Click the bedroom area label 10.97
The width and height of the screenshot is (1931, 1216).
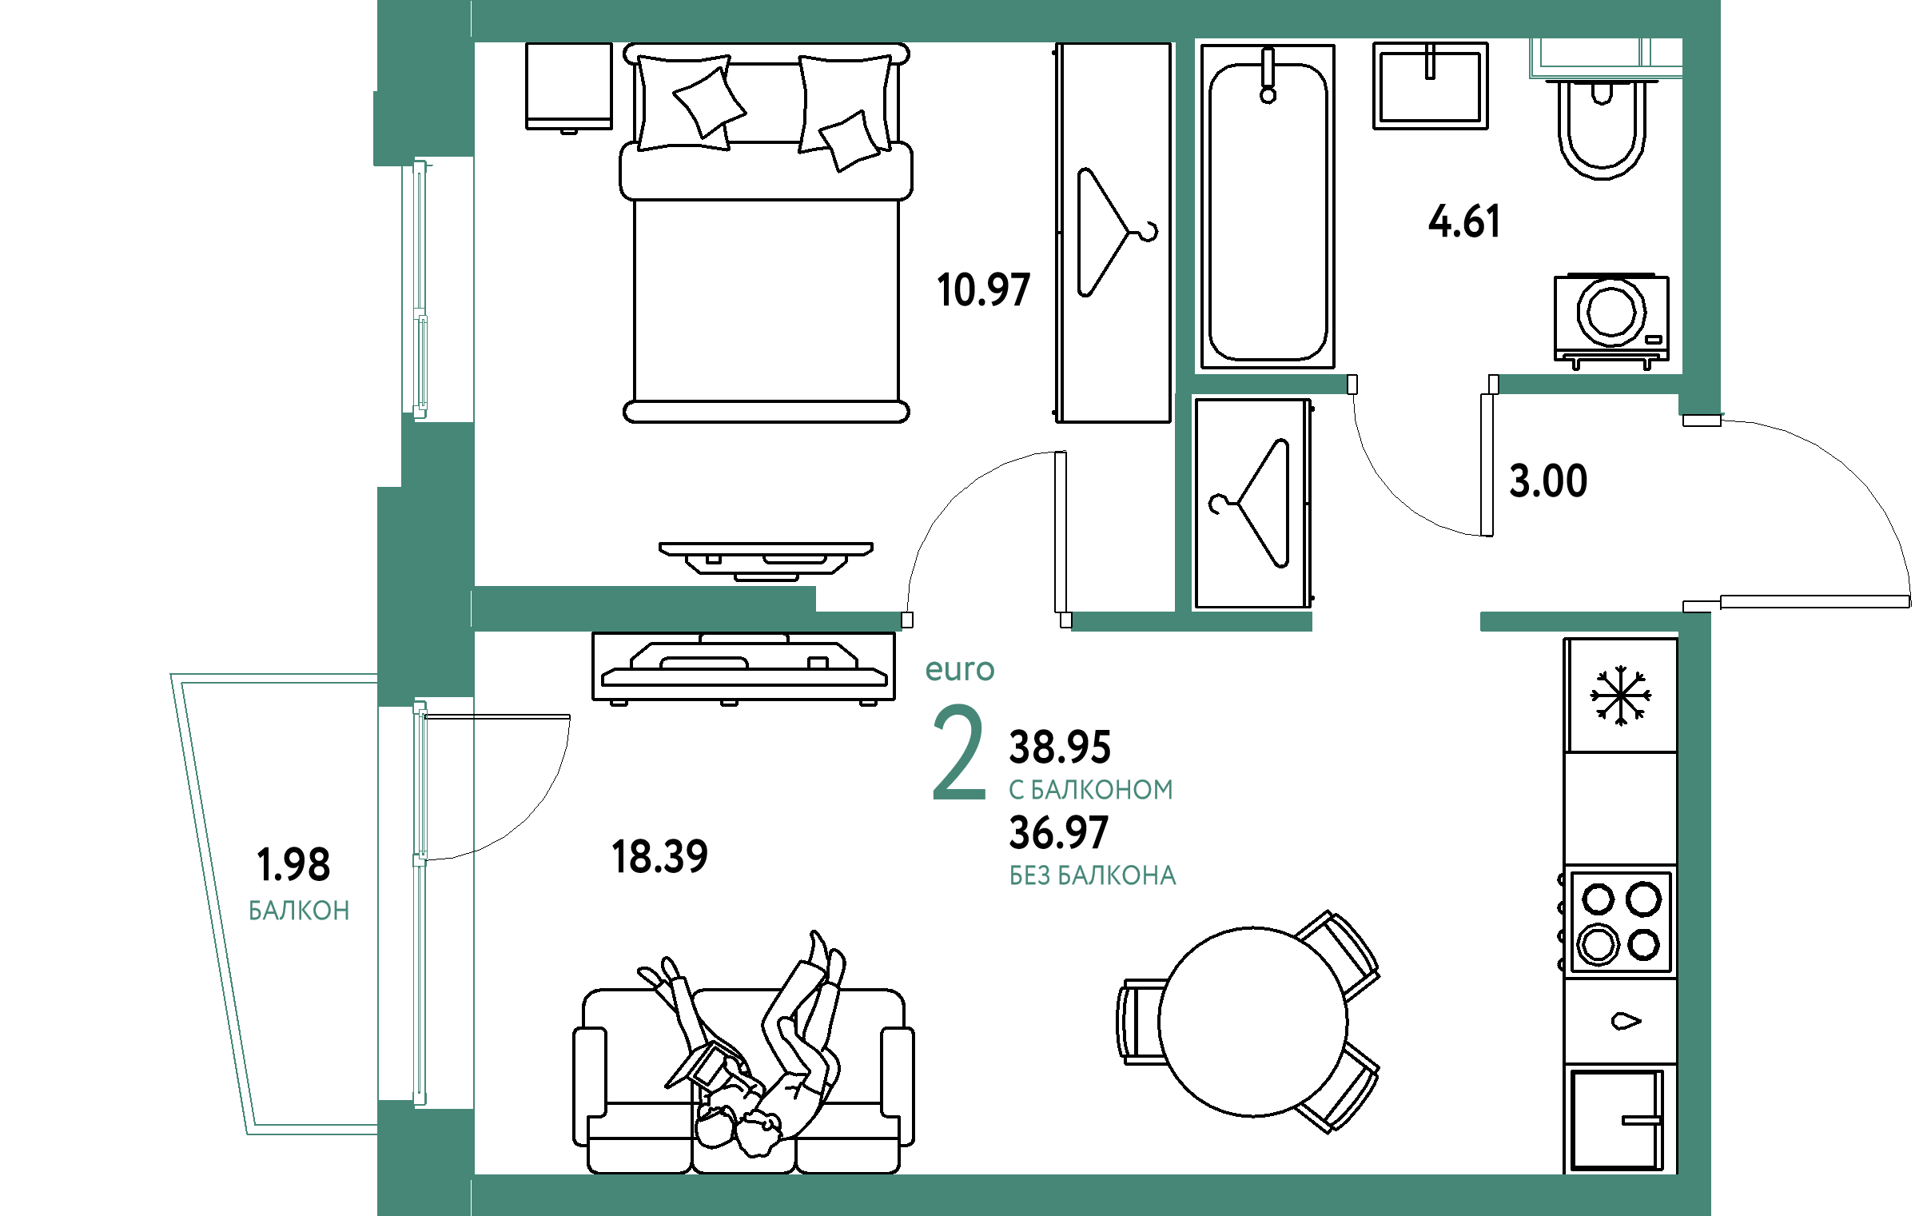[983, 289]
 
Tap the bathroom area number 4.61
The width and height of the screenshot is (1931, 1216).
[1463, 221]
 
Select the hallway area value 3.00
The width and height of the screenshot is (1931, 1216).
[1547, 481]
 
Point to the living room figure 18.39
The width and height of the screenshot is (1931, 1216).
[659, 857]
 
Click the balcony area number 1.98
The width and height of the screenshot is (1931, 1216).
[293, 865]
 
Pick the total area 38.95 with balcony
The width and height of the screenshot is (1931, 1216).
[1059, 747]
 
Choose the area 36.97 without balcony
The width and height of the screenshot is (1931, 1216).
[1058, 832]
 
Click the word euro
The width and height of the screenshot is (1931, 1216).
[960, 670]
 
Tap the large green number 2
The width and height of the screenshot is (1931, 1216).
[958, 752]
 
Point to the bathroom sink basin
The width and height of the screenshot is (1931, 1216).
[1431, 86]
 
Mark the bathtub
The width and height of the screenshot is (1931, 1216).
[1268, 206]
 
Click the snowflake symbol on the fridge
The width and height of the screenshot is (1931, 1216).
[1621, 696]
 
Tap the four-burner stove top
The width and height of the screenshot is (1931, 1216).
[1620, 923]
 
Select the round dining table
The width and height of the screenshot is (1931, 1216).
[1253, 1022]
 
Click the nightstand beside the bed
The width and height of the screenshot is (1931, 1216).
[568, 86]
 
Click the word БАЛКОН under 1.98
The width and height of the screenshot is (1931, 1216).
[298, 911]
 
